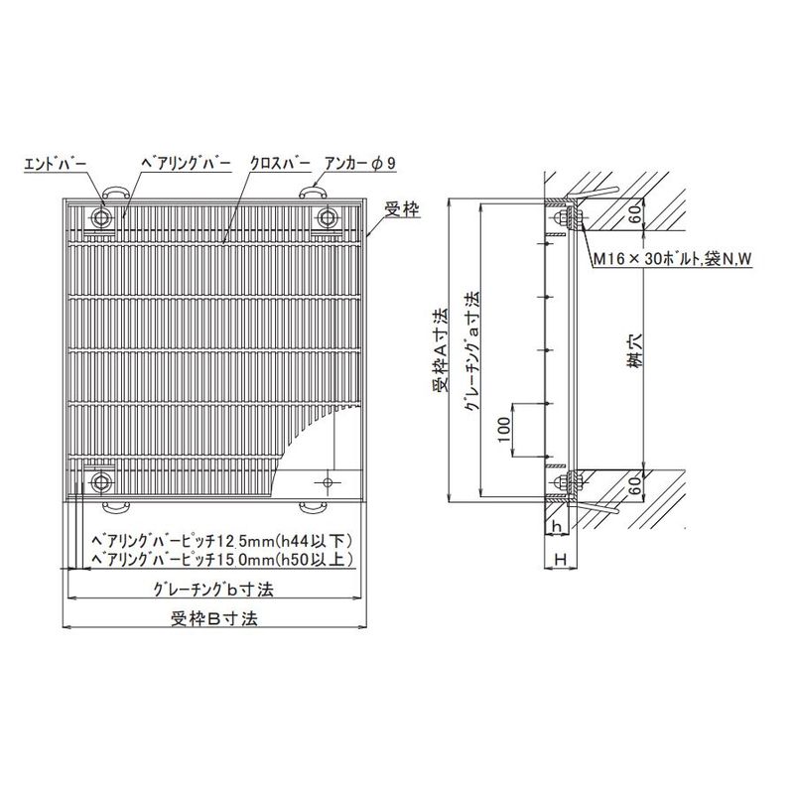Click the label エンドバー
tap(56, 164)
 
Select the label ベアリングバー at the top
tap(186, 164)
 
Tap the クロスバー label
tap(281, 164)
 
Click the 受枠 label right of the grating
tap(402, 208)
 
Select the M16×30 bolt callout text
tap(673, 259)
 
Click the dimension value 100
tap(504, 430)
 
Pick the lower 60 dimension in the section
tap(636, 485)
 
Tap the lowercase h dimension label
tap(557, 527)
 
